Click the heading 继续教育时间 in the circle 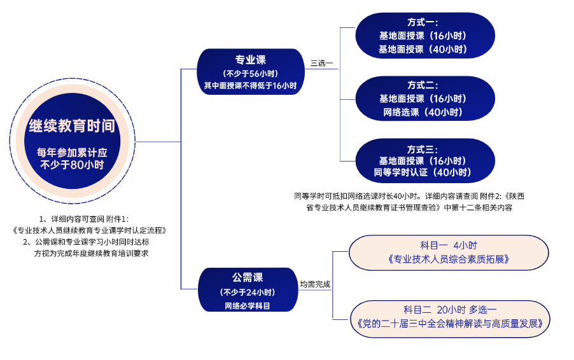pos(72,126)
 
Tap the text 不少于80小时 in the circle pos(72,165)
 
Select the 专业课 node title pos(251,60)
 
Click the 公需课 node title pos(248,277)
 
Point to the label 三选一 pos(321,63)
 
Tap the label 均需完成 pos(315,284)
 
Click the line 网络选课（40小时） pos(423,113)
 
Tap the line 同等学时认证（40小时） pos(423,173)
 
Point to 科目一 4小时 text pos(448,245)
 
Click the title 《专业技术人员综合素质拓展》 pos(448,260)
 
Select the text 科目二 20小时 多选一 pos(450,310)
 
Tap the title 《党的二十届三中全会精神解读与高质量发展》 pos(450,324)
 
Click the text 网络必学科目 pos(248,306)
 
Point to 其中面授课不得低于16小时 pos(251,85)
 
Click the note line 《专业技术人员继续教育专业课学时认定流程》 pos(89,230)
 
